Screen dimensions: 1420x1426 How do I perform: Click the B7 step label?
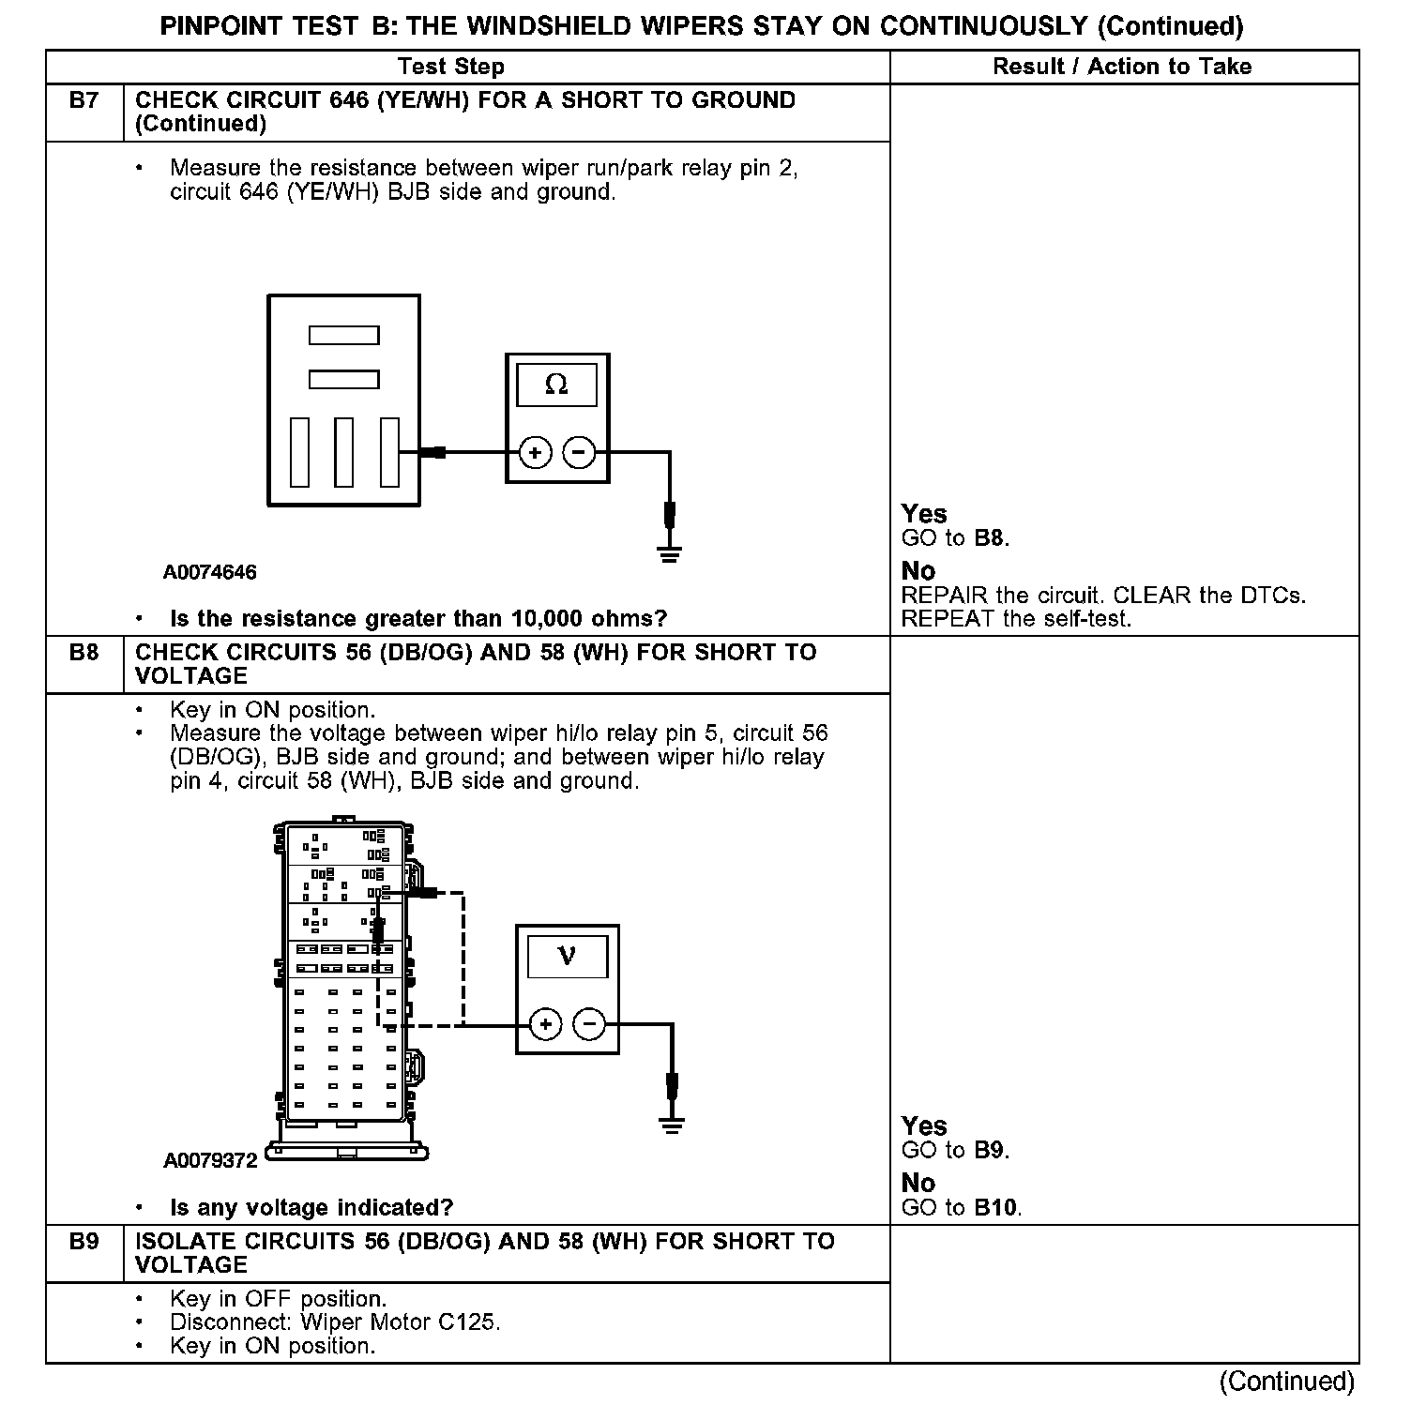click(x=83, y=100)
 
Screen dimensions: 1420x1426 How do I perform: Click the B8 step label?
click(x=83, y=652)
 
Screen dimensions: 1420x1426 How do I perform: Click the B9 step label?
click(x=83, y=1241)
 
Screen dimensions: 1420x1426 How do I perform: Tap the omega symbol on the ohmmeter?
click(x=556, y=385)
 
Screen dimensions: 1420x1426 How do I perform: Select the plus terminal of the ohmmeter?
click(x=535, y=453)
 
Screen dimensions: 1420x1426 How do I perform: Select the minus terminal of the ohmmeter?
click(x=579, y=453)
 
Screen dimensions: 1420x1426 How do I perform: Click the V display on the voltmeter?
click(x=567, y=956)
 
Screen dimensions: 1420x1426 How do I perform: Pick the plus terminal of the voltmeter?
click(x=545, y=1024)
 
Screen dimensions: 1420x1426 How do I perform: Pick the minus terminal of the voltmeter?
click(x=589, y=1024)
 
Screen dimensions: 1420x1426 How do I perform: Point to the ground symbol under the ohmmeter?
click(x=669, y=552)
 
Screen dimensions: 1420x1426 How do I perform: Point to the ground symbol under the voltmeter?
click(x=672, y=1124)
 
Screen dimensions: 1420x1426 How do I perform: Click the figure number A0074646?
click(x=209, y=572)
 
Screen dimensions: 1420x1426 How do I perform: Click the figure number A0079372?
click(x=210, y=1160)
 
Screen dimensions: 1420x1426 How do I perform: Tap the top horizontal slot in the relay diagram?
click(x=344, y=335)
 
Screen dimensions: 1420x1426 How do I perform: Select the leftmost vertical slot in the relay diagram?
click(x=299, y=452)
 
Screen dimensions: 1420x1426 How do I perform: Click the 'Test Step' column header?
click(x=451, y=67)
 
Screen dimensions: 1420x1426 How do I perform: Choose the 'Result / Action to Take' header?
click(x=1122, y=67)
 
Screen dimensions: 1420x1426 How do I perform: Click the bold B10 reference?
click(x=995, y=1207)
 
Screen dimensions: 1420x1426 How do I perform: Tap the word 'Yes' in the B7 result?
click(x=924, y=514)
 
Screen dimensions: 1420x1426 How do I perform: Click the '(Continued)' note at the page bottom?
click(x=1287, y=1381)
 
